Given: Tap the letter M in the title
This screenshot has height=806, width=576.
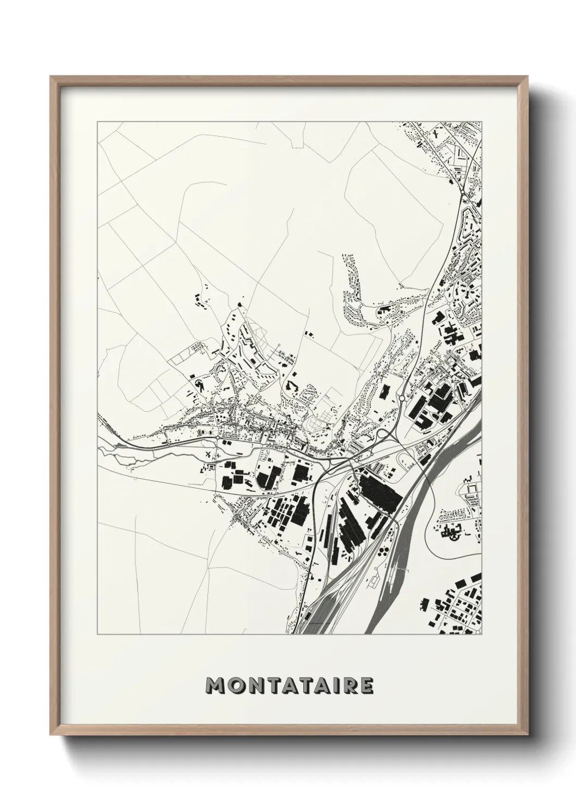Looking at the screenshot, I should (x=214, y=686).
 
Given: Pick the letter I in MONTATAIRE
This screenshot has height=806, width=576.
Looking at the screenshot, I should (x=334, y=686).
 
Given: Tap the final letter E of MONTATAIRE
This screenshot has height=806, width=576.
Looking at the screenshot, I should (x=366, y=686).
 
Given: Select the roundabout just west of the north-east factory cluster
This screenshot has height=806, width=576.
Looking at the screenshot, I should (x=402, y=399).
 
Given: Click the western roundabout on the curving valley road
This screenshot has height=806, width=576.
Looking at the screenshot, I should (x=217, y=437).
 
